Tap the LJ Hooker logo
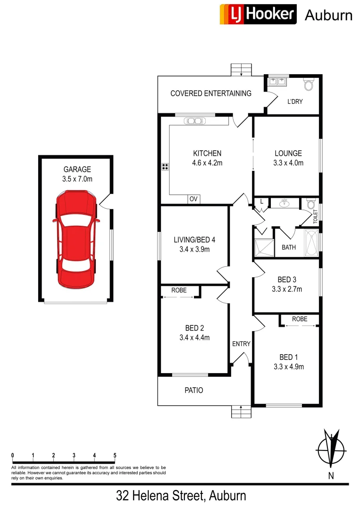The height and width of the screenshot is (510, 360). [x=258, y=14]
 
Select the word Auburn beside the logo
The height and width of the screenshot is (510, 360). [x=328, y=15]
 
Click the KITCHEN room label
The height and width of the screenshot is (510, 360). [x=207, y=153]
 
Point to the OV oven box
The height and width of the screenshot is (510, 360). [x=193, y=199]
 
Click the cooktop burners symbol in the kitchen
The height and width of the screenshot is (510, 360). [x=165, y=166]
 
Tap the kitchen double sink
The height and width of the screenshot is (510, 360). [x=194, y=120]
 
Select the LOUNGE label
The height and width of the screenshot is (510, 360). [x=288, y=153]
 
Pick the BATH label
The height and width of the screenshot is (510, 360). [x=289, y=247]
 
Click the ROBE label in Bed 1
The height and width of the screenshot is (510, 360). [x=299, y=319]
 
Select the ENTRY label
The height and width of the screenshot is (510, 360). [x=241, y=344]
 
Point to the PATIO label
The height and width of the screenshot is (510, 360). [x=193, y=391]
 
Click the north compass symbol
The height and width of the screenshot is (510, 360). [x=332, y=449]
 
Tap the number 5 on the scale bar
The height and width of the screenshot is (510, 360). [x=115, y=455]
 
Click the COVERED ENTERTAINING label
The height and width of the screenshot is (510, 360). [x=210, y=93]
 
